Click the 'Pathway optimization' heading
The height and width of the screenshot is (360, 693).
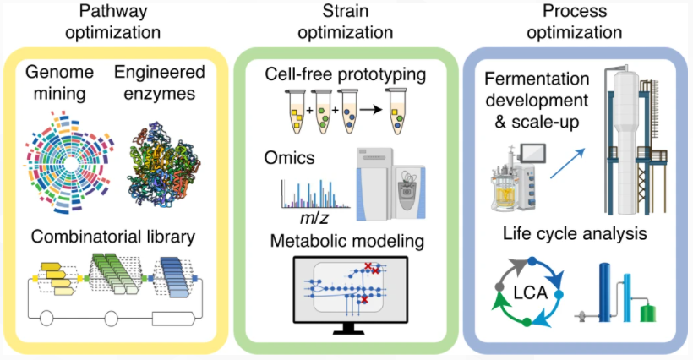112,22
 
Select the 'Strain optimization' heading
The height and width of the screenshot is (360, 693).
345,22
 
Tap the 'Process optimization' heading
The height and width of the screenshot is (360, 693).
575,22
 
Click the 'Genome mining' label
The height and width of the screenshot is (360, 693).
60,83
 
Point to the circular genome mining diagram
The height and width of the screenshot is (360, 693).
69,163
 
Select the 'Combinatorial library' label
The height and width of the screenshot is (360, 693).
113,237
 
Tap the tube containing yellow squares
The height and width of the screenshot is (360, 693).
295,112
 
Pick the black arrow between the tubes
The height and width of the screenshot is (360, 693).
371,109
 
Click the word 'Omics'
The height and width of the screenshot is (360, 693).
290,158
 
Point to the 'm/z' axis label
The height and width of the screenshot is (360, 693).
314,218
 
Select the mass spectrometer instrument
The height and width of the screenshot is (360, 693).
390,184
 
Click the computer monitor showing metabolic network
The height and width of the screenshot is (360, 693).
351,295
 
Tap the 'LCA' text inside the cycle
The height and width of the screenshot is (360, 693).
531,293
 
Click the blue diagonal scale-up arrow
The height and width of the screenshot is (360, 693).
567,163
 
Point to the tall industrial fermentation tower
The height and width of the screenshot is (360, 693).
632,141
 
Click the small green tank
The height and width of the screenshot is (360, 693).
648,312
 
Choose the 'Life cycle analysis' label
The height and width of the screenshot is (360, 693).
575,234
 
